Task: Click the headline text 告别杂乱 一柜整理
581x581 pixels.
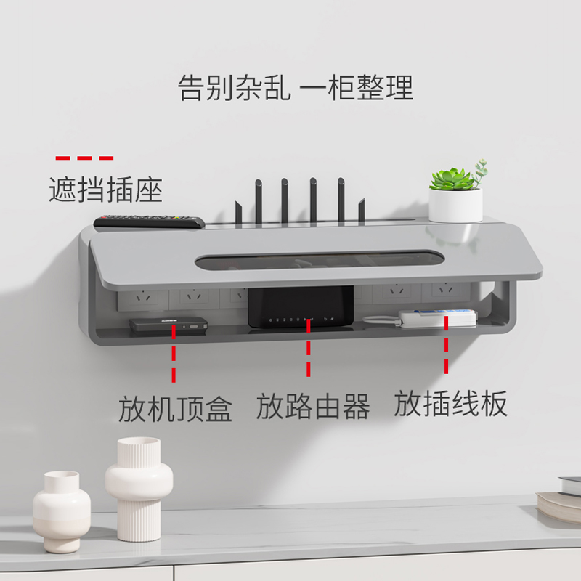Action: pyautogui.click(x=296, y=88)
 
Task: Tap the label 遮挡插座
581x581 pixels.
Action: pyautogui.click(x=105, y=190)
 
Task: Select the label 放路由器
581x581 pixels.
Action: pyautogui.click(x=313, y=407)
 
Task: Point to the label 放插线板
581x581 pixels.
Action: pyautogui.click(x=450, y=404)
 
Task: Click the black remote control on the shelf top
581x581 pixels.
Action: pyautogui.click(x=150, y=221)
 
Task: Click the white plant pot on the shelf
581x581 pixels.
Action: pyautogui.click(x=455, y=205)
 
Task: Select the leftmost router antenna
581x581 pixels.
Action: pyautogui.click(x=259, y=200)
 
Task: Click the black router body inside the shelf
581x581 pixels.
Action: pyautogui.click(x=301, y=306)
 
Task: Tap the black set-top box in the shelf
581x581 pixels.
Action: pyautogui.click(x=168, y=325)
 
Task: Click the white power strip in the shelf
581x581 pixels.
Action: pyautogui.click(x=438, y=317)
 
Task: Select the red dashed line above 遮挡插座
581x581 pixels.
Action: pyautogui.click(x=85, y=158)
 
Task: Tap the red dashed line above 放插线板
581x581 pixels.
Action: pyautogui.click(x=446, y=349)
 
